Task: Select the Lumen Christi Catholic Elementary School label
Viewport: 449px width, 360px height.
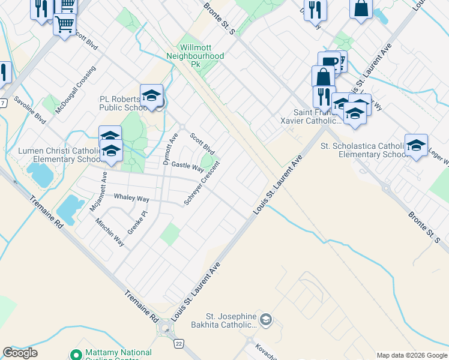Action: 58,155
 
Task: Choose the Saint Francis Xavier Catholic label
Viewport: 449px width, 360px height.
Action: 317,116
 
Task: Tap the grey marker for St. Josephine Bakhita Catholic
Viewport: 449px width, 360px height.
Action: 267,320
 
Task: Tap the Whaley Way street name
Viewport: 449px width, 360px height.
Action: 131,197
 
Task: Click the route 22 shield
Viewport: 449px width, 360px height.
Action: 179,343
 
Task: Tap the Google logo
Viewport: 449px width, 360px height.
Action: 20,353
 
